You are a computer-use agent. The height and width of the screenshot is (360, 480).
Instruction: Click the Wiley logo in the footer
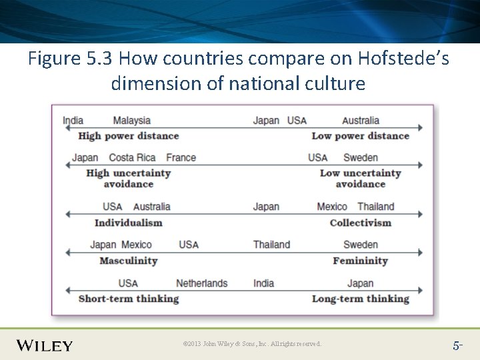pyautogui.click(x=45, y=345)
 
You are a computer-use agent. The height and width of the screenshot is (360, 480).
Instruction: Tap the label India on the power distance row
pyautogui.click(x=73, y=121)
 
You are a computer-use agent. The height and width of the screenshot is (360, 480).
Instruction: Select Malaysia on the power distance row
pyautogui.click(x=131, y=121)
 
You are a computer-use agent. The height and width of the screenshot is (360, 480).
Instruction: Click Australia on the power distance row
pyautogui.click(x=361, y=121)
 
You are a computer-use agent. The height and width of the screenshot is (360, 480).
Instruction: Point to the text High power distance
pyautogui.click(x=129, y=136)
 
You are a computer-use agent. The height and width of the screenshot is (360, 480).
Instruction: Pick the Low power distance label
pyautogui.click(x=360, y=136)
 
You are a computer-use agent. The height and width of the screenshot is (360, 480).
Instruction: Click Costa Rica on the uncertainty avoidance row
pyautogui.click(x=132, y=158)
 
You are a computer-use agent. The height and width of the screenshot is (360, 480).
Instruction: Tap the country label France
pyautogui.click(x=181, y=158)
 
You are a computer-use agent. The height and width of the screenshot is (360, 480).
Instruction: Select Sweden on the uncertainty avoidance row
pyautogui.click(x=361, y=158)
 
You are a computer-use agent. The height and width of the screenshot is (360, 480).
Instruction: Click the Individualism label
pyautogui.click(x=129, y=223)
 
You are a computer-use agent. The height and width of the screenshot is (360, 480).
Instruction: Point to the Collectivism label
pyautogui.click(x=361, y=223)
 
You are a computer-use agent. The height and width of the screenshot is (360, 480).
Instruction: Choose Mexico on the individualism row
pyautogui.click(x=332, y=207)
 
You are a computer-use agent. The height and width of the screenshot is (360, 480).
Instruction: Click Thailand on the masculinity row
pyautogui.click(x=271, y=245)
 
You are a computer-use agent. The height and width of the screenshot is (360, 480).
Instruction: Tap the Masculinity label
pyautogui.click(x=128, y=261)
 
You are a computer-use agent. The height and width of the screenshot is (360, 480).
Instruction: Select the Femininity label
pyautogui.click(x=360, y=261)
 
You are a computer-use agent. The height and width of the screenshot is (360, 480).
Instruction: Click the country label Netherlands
pyautogui.click(x=201, y=283)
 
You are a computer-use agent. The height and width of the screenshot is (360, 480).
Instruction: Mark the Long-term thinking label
pyautogui.click(x=360, y=299)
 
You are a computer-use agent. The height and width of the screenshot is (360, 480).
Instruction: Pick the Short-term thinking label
pyautogui.click(x=129, y=299)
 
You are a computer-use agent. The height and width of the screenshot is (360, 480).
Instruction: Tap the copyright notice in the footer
pyautogui.click(x=252, y=344)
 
